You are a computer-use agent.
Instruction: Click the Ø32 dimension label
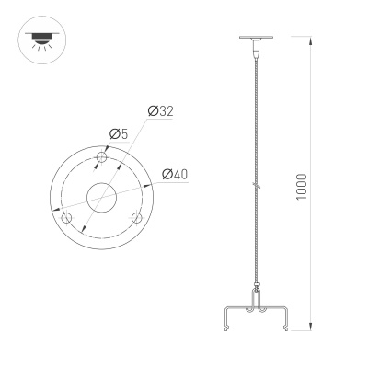(160, 111)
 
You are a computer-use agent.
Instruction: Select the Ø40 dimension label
(175, 175)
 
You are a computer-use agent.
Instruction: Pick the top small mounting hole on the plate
(101, 160)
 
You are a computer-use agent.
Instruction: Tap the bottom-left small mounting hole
(65, 218)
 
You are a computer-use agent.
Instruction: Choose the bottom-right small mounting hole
(137, 218)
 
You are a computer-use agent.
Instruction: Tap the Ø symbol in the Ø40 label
(167, 175)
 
